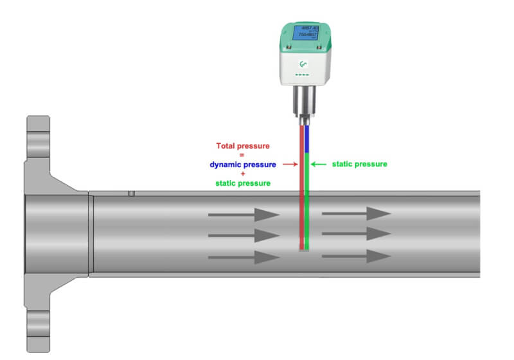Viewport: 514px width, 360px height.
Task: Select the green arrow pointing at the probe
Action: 319,165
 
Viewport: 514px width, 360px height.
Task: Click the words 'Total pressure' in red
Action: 242,146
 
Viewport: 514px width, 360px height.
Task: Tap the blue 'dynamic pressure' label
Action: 242,165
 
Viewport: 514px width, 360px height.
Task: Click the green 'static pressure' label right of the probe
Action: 359,164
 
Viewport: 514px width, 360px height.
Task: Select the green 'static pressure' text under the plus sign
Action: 242,183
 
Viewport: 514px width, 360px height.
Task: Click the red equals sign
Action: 242,155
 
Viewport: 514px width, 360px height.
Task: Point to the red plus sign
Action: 242,174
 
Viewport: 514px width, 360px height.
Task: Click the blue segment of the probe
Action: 307,138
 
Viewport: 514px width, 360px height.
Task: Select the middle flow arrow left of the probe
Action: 244,235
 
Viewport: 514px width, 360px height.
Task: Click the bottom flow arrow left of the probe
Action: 244,257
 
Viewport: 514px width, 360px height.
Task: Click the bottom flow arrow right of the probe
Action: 356,256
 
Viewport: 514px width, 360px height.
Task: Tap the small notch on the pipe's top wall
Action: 131,194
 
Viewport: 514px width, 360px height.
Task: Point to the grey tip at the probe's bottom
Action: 304,251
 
